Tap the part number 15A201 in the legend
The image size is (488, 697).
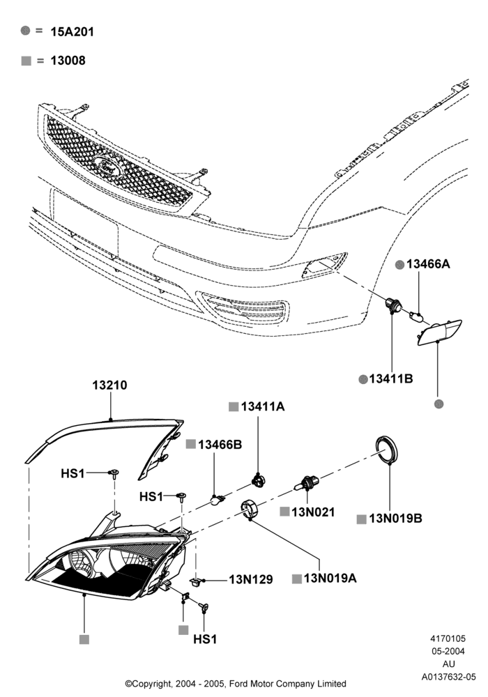(x=72, y=32)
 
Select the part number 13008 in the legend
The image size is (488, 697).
(x=68, y=61)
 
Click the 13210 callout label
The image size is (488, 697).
(x=109, y=385)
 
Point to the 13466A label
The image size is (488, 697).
(x=428, y=264)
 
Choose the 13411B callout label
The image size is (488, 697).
(x=391, y=378)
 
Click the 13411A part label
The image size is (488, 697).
(x=263, y=406)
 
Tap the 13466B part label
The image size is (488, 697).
(x=220, y=444)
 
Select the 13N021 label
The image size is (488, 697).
(x=313, y=512)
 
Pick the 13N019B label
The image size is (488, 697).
(x=395, y=519)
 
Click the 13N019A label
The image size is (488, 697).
(x=330, y=579)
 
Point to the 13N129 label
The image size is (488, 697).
(x=251, y=580)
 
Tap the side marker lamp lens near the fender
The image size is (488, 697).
(x=439, y=332)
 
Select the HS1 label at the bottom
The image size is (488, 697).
(x=205, y=639)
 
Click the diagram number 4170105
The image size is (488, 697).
(x=448, y=638)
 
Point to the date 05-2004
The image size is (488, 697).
(x=448, y=651)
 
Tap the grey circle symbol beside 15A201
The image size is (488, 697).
(x=26, y=31)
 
